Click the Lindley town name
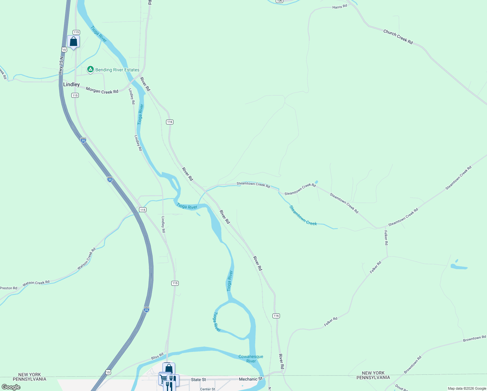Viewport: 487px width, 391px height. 71,84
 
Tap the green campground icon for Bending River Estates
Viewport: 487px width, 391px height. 90,69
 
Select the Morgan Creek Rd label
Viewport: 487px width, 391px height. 102,91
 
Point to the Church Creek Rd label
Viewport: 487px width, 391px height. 398,37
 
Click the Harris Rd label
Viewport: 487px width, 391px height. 340,7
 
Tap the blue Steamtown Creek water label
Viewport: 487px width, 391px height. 303,216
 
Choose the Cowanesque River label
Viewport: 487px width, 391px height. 251,359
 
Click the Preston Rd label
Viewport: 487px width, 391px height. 9,288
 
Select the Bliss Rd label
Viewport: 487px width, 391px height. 157,356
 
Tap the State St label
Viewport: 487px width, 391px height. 198,380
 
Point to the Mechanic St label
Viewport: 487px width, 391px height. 250,379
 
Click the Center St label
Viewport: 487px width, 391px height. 207,389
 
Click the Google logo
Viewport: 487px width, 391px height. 11,387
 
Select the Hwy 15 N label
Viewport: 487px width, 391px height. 61,65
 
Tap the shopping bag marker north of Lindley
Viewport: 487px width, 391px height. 73,41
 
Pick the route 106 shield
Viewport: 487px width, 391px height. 279,1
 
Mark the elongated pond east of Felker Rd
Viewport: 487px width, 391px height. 459,268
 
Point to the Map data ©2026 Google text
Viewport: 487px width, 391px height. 467,388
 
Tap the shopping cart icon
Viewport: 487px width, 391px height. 164,379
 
